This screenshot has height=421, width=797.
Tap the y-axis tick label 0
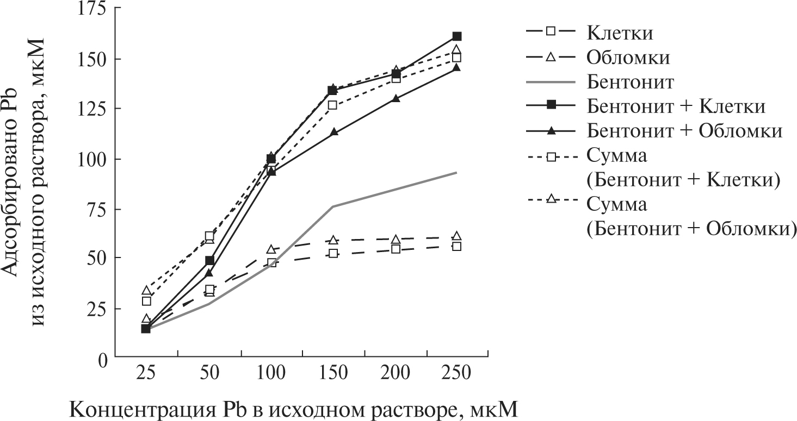click(x=101, y=358)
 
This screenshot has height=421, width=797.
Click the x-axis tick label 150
click(x=333, y=374)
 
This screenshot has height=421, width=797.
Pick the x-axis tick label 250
click(x=457, y=374)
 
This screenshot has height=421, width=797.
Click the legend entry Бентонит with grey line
click(x=631, y=83)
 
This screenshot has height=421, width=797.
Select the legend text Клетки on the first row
click(x=620, y=33)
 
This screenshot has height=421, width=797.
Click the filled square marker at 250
click(x=457, y=36)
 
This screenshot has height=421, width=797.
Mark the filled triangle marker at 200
click(x=396, y=98)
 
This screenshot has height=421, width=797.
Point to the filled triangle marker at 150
click(x=333, y=132)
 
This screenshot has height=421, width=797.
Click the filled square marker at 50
click(x=209, y=261)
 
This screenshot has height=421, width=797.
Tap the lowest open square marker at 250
click(x=457, y=246)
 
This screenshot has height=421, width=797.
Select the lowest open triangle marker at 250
click(x=457, y=236)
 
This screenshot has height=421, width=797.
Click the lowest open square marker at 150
click(x=333, y=254)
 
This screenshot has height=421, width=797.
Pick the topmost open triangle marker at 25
click(x=146, y=291)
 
